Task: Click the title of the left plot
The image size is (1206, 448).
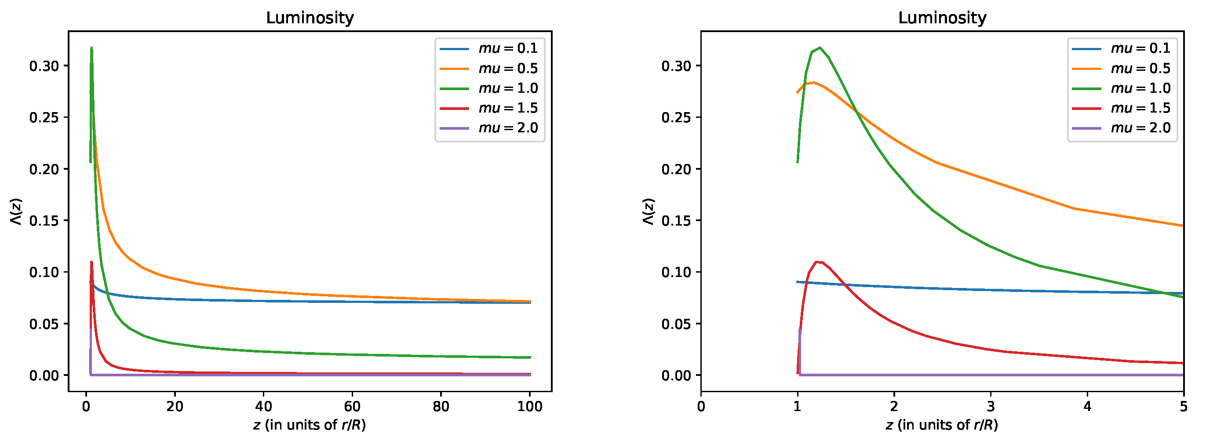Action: pyautogui.click(x=310, y=18)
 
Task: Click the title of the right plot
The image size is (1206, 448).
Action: pyautogui.click(x=942, y=18)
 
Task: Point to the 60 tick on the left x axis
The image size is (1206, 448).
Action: pyautogui.click(x=352, y=406)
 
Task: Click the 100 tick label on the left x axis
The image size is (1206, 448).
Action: pyautogui.click(x=529, y=406)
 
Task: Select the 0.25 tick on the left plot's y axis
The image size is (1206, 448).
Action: pyautogui.click(x=44, y=117)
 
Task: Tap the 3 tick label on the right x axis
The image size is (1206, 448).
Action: pyautogui.click(x=990, y=406)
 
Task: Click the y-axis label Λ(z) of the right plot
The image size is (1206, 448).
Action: pyautogui.click(x=649, y=211)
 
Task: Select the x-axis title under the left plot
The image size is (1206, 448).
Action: pyautogui.click(x=310, y=425)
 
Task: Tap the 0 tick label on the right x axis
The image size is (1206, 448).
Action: pyautogui.click(x=701, y=406)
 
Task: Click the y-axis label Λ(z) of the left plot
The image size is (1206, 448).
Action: pyautogui.click(x=16, y=211)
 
